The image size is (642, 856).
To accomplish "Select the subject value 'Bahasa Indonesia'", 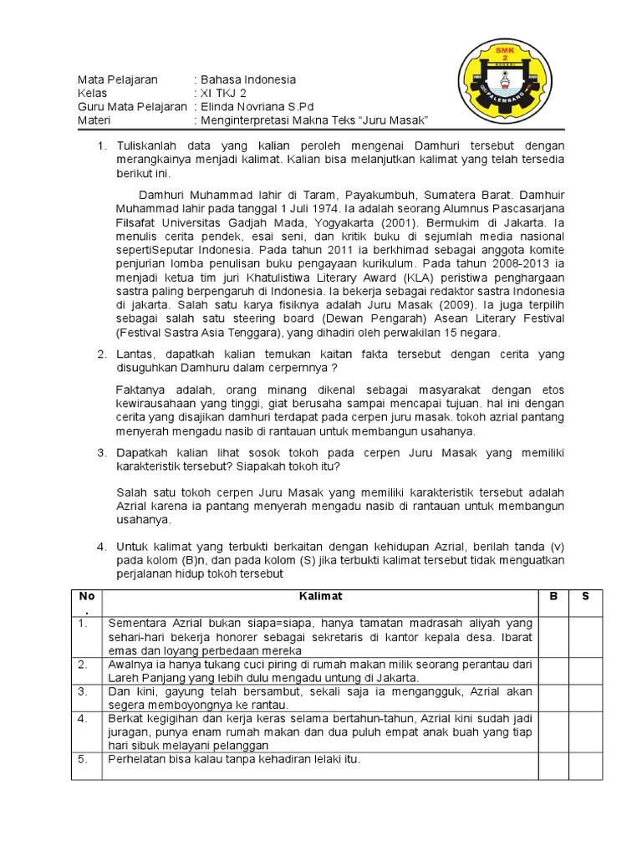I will point(247,79).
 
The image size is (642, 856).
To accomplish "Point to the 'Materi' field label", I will point(94,120).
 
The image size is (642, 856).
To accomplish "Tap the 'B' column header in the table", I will point(553,596).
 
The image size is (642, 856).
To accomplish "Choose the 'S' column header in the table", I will point(585,596).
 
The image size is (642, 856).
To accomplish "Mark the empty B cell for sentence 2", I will point(553,670).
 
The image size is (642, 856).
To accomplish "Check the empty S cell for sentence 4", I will point(585,731).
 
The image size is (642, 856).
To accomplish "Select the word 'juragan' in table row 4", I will point(130,732).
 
